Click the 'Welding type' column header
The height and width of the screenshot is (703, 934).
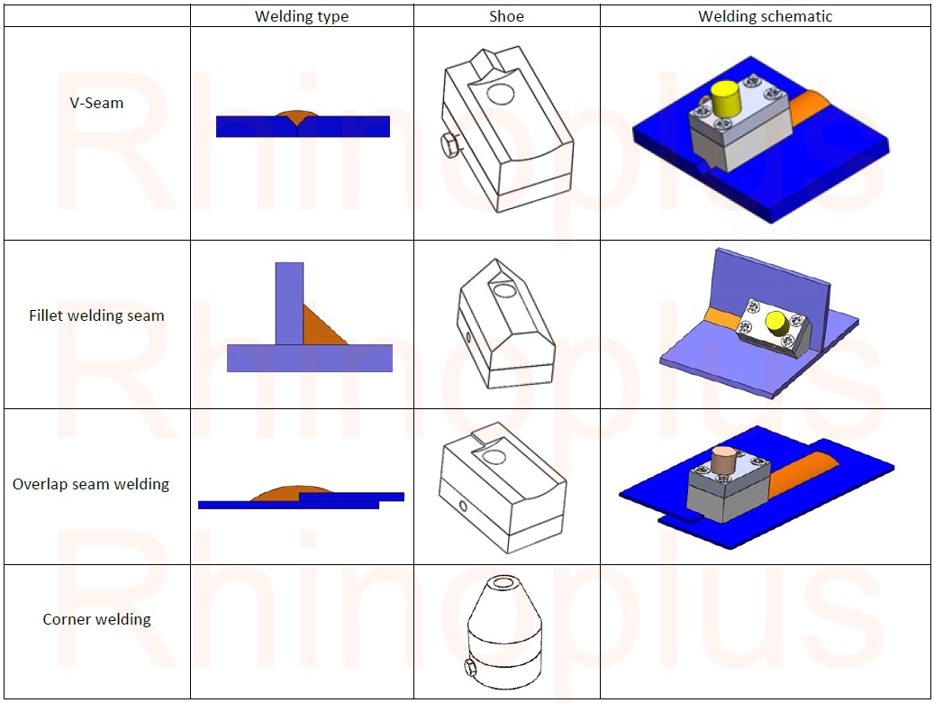point(302,16)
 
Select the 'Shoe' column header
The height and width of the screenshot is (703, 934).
point(507,16)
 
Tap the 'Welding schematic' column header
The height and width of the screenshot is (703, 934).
point(765,16)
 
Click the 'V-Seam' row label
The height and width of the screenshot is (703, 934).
point(96,103)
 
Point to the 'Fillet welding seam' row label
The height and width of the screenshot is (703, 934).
point(96,315)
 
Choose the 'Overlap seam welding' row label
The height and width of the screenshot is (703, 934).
point(91,484)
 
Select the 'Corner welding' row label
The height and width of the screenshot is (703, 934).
point(96,619)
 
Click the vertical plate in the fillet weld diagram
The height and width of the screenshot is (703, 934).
point(290,302)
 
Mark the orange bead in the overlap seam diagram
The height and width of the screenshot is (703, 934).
point(279,493)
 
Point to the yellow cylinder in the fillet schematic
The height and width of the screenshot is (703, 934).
point(775,322)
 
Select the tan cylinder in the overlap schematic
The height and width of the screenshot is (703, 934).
point(722,459)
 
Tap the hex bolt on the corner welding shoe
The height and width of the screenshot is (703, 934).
point(469,668)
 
